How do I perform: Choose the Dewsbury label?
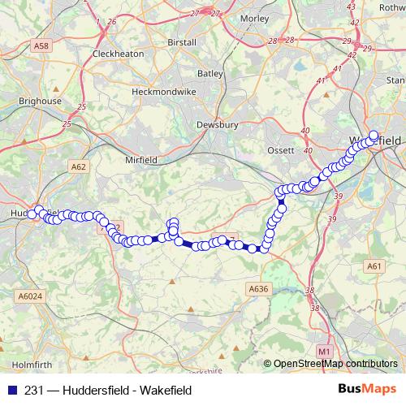pos(217,125)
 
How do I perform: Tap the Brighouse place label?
pos(41,101)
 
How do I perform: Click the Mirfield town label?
pos(141,160)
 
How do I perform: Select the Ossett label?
pos(281,151)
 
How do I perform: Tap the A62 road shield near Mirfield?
pos(78,166)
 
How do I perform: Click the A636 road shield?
pos(258,288)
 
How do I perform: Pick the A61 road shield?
pos(374,266)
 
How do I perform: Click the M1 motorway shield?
pos(324,351)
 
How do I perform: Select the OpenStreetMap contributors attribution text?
pos(335,364)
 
